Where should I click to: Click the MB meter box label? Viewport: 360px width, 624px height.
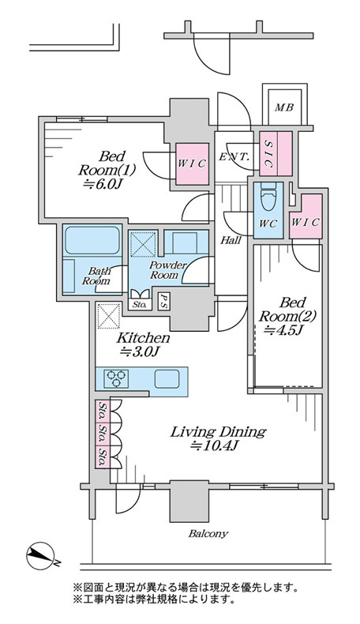pyautogui.click(x=284, y=107)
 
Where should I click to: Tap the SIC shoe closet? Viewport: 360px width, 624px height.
pyautogui.click(x=276, y=153)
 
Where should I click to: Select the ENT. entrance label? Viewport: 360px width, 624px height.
pyautogui.click(x=234, y=156)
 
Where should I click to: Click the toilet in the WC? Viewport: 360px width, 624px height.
pyautogui.click(x=268, y=197)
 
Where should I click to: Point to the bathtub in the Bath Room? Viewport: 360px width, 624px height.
pyautogui.click(x=92, y=240)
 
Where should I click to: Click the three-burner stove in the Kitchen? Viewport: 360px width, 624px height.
pyautogui.click(x=116, y=378)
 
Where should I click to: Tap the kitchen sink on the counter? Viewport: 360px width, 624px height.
pyautogui.click(x=167, y=379)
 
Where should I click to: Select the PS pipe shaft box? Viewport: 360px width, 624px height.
pyautogui.click(x=163, y=300)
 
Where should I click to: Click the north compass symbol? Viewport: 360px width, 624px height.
pyautogui.click(x=40, y=556)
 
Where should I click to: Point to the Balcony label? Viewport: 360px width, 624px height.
pyautogui.click(x=208, y=534)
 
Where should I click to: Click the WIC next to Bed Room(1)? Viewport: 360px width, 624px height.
pyautogui.click(x=192, y=164)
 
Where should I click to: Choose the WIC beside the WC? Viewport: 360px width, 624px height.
pyautogui.click(x=306, y=217)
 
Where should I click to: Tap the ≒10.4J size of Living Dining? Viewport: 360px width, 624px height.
pyautogui.click(x=214, y=446)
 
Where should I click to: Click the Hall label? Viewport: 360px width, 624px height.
pyautogui.click(x=231, y=240)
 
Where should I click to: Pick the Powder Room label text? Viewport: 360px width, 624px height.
pyautogui.click(x=167, y=270)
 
